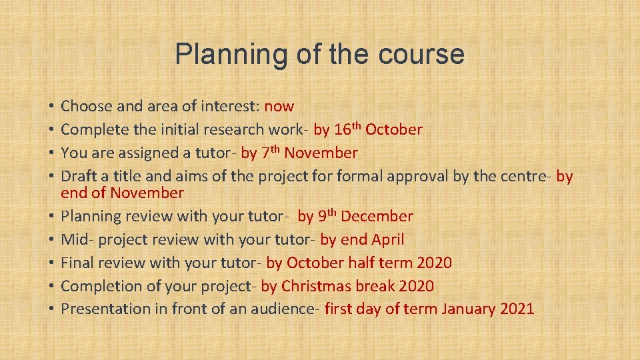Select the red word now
(279, 106)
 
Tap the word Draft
(78, 176)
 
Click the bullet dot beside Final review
(51, 263)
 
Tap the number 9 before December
(321, 216)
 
